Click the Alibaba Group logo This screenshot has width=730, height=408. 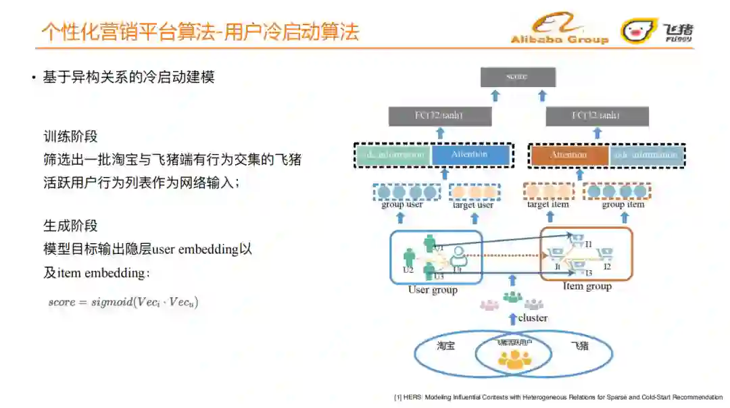(559, 30)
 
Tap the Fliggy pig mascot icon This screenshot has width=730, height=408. (639, 30)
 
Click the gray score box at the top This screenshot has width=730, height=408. (518, 77)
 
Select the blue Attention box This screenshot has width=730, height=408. (470, 155)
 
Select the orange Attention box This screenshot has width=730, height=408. (568, 155)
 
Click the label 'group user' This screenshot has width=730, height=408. (401, 205)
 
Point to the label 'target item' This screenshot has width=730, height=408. (547, 205)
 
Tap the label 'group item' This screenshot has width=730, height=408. (623, 205)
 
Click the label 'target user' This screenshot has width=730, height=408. (473, 205)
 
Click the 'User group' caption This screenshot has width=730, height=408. (433, 290)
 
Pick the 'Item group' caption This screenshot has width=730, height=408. (587, 286)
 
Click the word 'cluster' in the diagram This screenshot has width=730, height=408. (533, 317)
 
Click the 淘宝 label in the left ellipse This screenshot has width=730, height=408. (445, 346)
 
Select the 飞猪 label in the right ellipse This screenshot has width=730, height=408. (579, 346)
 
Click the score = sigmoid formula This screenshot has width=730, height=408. (123, 302)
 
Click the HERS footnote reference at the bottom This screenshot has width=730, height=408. (558, 397)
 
